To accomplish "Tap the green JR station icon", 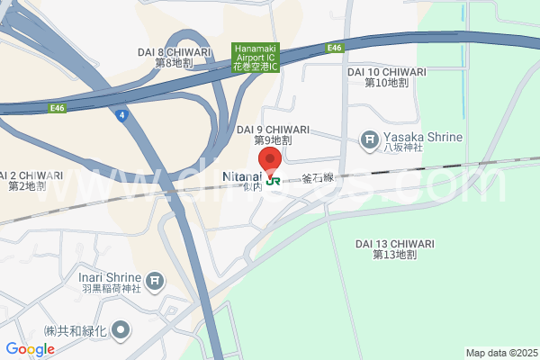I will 273,180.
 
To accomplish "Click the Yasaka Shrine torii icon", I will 369,139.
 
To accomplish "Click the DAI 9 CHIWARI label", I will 273,135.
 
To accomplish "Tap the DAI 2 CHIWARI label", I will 31,181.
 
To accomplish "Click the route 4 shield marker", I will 121,114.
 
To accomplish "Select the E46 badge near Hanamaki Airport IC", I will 335,48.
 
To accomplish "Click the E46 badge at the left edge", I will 58,107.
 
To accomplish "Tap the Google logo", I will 30,349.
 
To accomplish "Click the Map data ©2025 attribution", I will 500,352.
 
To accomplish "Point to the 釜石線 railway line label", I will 318,178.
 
